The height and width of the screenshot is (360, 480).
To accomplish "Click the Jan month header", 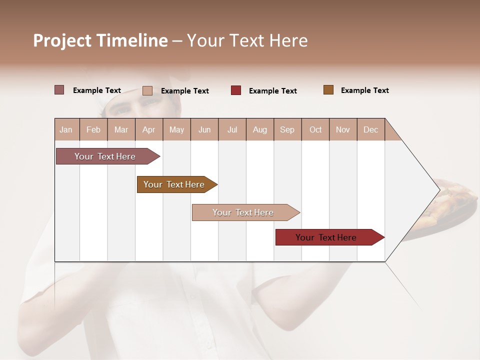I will click(x=66, y=129).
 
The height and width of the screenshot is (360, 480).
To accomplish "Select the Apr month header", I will click(x=148, y=129).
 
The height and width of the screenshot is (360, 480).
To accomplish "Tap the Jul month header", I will click(x=232, y=129).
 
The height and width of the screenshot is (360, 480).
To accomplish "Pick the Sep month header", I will click(x=287, y=129).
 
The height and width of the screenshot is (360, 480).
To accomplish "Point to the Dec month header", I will click(x=370, y=129).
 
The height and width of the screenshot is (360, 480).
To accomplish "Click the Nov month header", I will click(x=342, y=129).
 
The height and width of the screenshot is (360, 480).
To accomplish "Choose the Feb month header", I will click(x=93, y=129).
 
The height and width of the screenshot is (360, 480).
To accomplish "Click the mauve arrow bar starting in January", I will click(x=105, y=156).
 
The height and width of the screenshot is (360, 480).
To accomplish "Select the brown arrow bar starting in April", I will click(x=174, y=184).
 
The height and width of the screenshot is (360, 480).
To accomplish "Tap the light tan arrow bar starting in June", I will click(x=243, y=212).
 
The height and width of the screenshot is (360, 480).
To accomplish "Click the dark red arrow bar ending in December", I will click(x=326, y=237).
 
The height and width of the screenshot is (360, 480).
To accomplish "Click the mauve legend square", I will click(x=59, y=90).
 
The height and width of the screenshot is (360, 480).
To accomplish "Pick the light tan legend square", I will click(x=147, y=90).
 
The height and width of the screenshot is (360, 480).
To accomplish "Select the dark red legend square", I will click(x=236, y=90).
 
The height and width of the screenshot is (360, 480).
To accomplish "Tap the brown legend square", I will click(x=328, y=90).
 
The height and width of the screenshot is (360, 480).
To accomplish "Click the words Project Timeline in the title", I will click(x=100, y=40).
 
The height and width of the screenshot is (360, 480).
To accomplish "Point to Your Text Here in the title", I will click(x=247, y=40).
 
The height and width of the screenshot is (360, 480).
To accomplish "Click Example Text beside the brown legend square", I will click(x=364, y=90).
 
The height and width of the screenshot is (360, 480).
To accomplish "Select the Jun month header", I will click(x=204, y=129).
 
